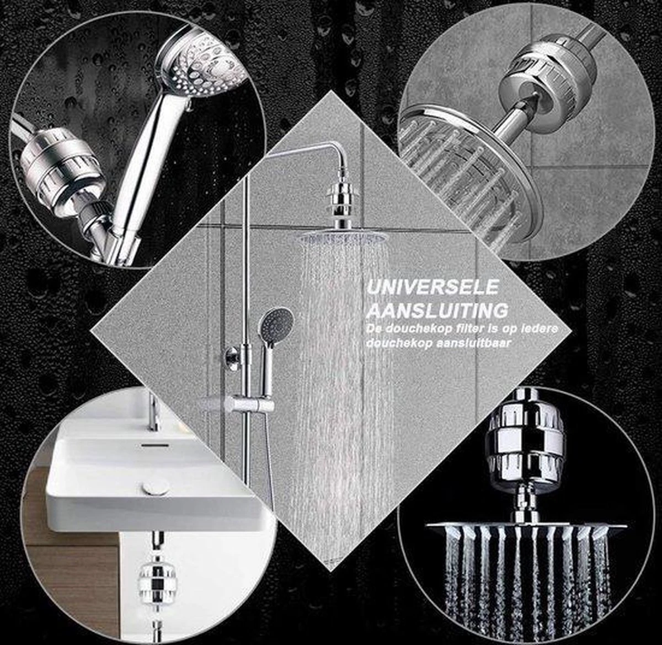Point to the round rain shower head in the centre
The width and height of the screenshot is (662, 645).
tap(343, 238)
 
